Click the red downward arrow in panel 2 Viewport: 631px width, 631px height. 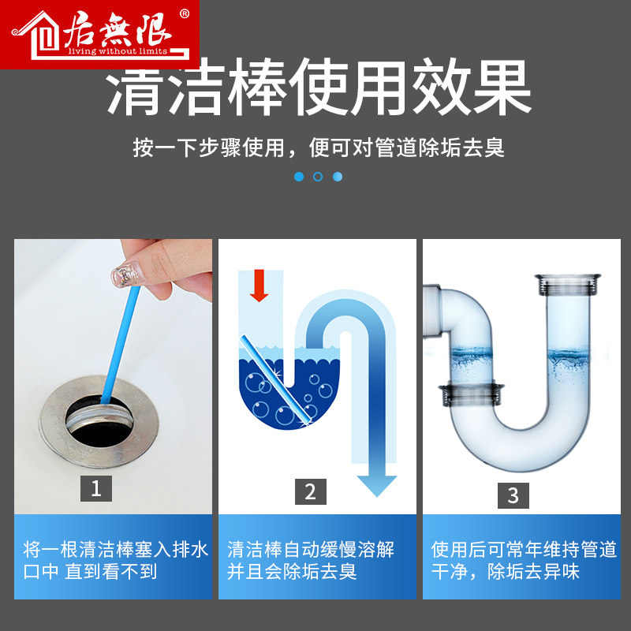pos(259,286)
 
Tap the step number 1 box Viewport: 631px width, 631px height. pos(96,488)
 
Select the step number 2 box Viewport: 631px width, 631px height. pos(310,491)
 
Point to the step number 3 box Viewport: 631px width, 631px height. pos(513,495)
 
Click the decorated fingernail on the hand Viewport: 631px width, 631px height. pos(125,275)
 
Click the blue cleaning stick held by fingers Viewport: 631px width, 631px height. pos(120,345)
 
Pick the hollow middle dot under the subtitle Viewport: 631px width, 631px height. pos(318,177)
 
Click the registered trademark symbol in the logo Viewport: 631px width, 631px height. pos(185,14)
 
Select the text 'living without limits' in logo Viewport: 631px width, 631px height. pos(118,51)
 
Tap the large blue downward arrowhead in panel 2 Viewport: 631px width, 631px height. pos(377,486)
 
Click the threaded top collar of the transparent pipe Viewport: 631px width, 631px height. pos(567,285)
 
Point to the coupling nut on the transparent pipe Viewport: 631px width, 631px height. pos(471,394)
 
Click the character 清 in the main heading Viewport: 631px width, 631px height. pos(135,88)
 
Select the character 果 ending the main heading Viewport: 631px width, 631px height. pos(502,88)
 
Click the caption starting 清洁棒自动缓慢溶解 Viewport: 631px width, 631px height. pos(311,561)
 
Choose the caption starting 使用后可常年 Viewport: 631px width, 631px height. pos(524,561)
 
